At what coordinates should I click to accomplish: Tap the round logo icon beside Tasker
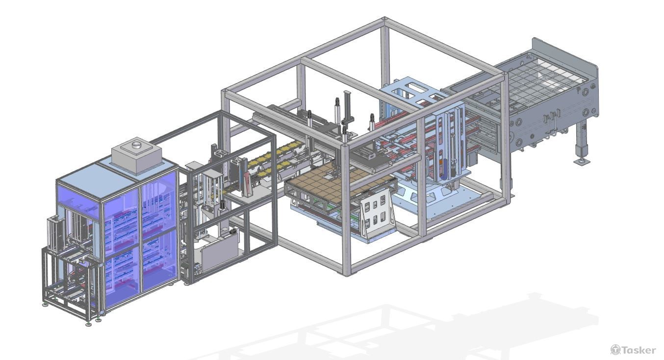[x=615, y=350]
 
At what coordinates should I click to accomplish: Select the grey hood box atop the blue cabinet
[x=137, y=155]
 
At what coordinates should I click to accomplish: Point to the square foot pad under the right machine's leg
[x=582, y=162]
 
